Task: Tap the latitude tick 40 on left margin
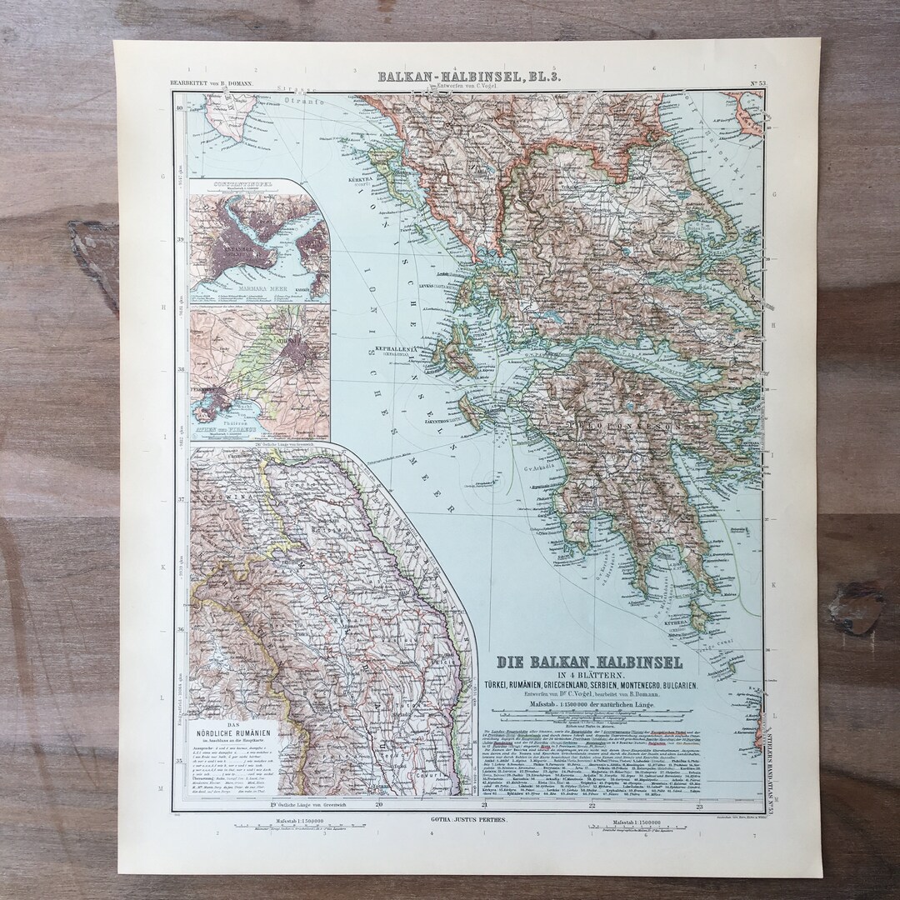pyautogui.click(x=179, y=107)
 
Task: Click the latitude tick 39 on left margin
pyautogui.click(x=179, y=239)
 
